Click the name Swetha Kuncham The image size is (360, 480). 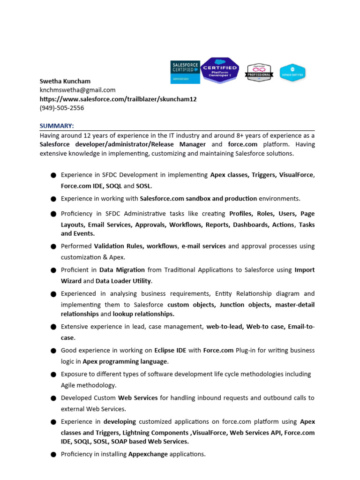[x=64, y=81]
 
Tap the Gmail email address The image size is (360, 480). [x=77, y=90]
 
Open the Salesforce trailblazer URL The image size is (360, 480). [x=118, y=99]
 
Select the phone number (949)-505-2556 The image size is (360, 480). [x=62, y=108]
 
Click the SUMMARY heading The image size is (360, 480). [x=57, y=126]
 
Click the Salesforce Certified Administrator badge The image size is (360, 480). [x=185, y=72]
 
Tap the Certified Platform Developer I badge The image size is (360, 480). [x=220, y=70]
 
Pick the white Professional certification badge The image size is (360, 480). [x=259, y=73]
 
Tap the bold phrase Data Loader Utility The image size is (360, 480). [x=123, y=281]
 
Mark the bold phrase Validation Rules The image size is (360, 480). [x=117, y=246]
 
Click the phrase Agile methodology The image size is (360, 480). [x=88, y=385]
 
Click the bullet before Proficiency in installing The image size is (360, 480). [x=53, y=455]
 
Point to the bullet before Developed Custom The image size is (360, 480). [x=53, y=398]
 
